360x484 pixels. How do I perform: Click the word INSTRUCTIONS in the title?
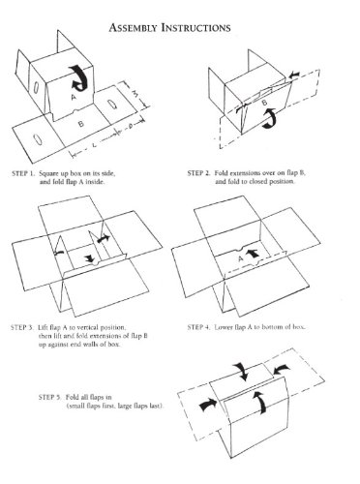[195, 28]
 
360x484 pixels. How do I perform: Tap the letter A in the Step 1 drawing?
[74, 97]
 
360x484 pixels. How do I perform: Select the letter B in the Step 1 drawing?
[81, 123]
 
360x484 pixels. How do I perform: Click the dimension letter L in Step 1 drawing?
[94, 145]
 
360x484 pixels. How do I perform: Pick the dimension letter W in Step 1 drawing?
[136, 94]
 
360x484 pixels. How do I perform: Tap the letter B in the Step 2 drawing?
[264, 103]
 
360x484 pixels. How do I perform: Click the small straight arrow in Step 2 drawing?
[294, 76]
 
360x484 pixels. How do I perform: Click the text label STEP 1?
[23, 173]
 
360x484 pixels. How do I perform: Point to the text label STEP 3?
[22, 327]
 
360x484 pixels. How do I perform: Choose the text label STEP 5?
[49, 397]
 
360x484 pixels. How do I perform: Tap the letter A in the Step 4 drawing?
[241, 258]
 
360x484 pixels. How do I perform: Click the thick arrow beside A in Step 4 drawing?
[253, 253]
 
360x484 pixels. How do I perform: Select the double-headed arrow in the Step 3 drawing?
[104, 239]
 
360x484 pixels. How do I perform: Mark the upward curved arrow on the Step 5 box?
[261, 401]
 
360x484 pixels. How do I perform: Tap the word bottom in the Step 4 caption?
[271, 327]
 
